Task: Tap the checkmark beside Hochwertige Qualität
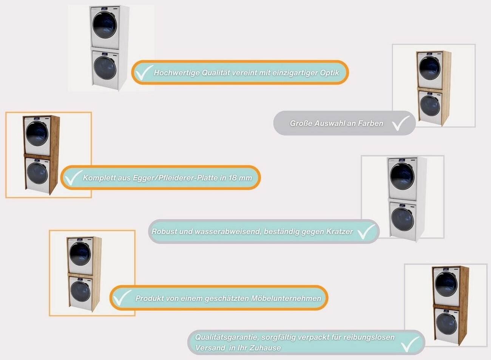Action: [x=144, y=72]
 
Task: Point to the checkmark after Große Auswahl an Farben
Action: [x=400, y=123]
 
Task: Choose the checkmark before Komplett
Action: [x=72, y=178]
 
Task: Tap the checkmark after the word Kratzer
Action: [x=366, y=231]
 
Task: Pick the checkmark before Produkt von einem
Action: [x=122, y=298]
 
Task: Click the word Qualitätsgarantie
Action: [x=226, y=337]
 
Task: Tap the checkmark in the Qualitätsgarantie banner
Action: [x=410, y=344]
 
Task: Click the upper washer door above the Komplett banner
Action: [x=37, y=134]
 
